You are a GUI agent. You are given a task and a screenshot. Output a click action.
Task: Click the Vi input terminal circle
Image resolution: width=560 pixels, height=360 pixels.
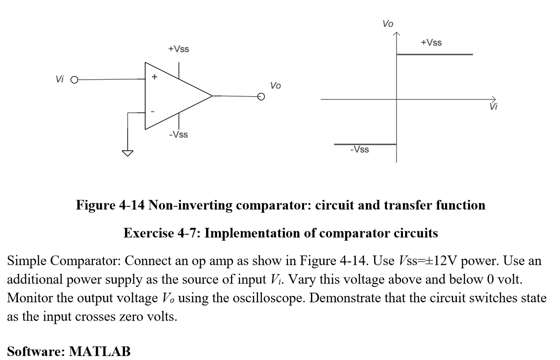74,80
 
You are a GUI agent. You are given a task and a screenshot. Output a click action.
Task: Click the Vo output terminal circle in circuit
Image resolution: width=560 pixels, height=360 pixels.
261,96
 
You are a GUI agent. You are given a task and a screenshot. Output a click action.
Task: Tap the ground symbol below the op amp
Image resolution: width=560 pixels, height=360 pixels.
127,153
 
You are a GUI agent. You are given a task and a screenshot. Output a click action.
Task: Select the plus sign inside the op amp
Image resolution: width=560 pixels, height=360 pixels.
154,77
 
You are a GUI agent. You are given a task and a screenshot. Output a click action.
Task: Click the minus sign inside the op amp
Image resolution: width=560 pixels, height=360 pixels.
153,111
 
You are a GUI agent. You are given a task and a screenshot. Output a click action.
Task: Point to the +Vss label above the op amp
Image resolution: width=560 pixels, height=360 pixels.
178,49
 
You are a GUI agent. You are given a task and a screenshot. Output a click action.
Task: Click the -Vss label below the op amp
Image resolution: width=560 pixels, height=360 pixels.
178,135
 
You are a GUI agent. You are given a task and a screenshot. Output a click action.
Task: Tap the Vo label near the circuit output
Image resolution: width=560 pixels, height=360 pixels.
275,85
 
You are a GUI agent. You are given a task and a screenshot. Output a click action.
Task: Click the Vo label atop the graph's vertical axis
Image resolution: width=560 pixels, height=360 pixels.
387,23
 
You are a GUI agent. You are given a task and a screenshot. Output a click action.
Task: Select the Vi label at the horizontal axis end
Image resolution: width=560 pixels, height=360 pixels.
493,107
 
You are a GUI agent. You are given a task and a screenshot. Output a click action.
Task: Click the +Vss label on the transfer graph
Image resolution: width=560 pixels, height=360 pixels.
431,43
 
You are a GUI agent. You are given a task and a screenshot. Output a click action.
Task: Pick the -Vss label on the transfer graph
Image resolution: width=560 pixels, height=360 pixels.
359,150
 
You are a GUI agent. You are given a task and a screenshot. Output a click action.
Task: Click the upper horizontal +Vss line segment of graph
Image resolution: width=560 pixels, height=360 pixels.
434,55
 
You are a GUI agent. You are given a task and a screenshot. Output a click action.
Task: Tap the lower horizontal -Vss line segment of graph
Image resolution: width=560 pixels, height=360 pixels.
365,144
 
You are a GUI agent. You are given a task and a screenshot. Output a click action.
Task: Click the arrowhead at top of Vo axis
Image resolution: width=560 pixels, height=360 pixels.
397,34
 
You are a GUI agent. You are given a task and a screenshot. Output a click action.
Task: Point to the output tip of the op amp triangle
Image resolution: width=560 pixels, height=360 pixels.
212,96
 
